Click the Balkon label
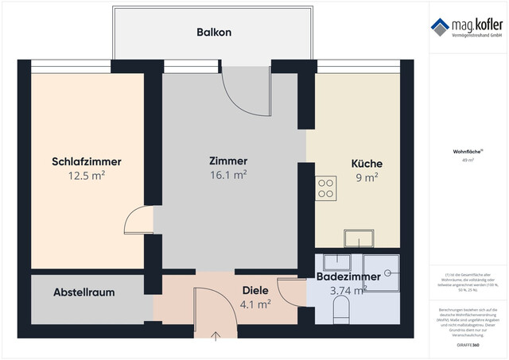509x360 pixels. [214, 33]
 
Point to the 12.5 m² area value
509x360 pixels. [87, 176]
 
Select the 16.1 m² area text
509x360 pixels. [227, 176]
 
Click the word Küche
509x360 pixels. [367, 164]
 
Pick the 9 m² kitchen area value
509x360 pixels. [367, 177]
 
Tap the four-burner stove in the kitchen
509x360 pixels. [325, 188]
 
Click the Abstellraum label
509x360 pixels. [84, 292]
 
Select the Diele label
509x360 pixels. [254, 290]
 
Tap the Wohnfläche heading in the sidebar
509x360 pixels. [465, 151]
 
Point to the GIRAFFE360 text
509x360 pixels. [465, 346]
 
